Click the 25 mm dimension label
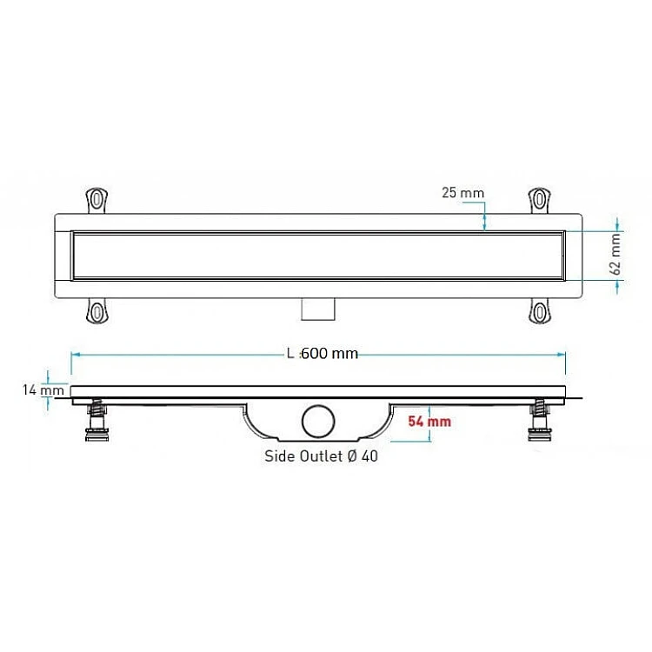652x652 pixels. [x=462, y=193]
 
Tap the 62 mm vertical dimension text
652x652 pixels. [x=615, y=255]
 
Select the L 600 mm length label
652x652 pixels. [x=323, y=354]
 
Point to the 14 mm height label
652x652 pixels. [x=43, y=390]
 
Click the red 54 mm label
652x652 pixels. [x=429, y=422]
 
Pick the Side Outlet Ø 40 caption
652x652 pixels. [x=321, y=456]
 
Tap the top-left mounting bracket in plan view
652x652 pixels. [x=96, y=200]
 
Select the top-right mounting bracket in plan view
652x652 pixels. [x=540, y=200]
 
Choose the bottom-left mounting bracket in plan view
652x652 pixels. [x=96, y=311]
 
